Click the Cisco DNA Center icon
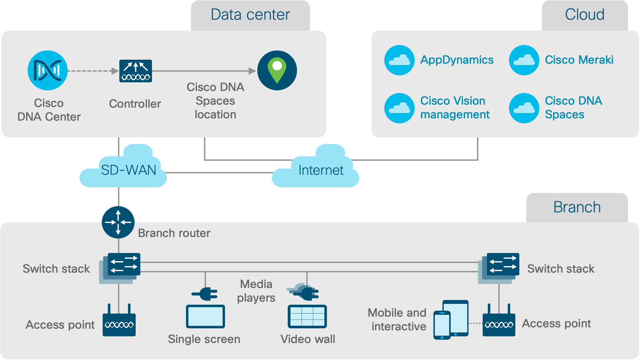[x=48, y=70]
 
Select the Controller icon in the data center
[x=136, y=71]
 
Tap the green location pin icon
[x=277, y=70]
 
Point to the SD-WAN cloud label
[x=128, y=170]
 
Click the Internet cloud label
[x=321, y=170]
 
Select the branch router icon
[x=118, y=222]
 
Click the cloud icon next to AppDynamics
[x=399, y=60]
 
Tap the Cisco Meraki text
[x=579, y=60]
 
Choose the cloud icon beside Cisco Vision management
[x=399, y=108]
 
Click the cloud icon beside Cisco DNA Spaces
[x=524, y=108]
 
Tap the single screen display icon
[x=205, y=316]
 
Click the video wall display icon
[x=307, y=316]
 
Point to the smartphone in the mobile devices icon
[x=442, y=325]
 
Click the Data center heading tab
[x=250, y=15]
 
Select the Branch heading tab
[x=577, y=208]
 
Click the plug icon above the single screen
[x=205, y=294]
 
